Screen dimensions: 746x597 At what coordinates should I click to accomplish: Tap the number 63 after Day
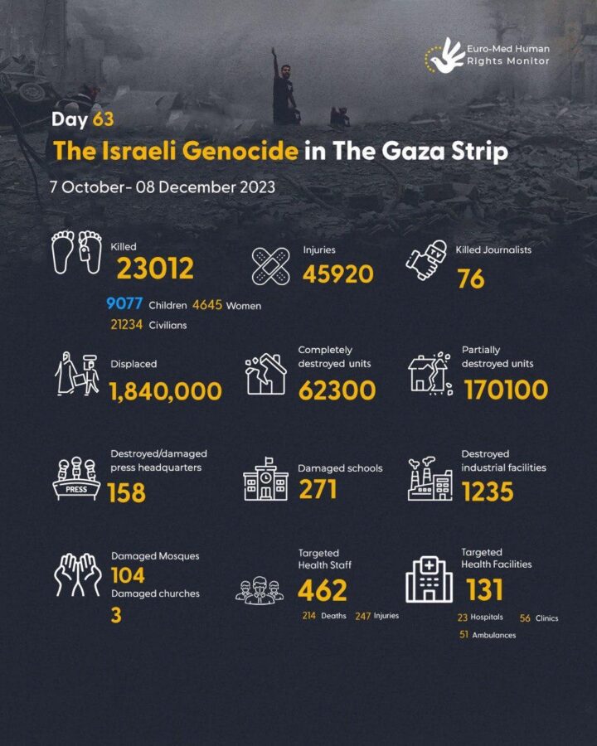(x=103, y=119)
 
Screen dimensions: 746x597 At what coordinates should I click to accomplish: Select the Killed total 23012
(x=155, y=269)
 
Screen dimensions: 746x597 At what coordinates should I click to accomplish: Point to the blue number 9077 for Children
(x=124, y=305)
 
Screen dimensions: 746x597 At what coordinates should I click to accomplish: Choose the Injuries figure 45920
(x=337, y=274)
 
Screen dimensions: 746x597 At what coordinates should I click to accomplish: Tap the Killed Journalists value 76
(x=470, y=279)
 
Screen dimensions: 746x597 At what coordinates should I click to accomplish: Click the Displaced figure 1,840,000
(x=166, y=391)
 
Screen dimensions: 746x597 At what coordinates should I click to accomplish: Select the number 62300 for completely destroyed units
(x=337, y=390)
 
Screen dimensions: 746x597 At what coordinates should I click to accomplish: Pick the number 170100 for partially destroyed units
(x=505, y=390)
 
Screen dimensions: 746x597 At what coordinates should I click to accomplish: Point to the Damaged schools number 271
(x=318, y=490)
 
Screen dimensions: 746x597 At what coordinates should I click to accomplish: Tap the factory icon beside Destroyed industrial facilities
(x=430, y=479)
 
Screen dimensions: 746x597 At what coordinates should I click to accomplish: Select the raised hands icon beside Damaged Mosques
(x=78, y=574)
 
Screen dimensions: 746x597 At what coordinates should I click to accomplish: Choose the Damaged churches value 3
(x=116, y=616)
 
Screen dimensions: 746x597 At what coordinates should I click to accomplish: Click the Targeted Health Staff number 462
(x=322, y=590)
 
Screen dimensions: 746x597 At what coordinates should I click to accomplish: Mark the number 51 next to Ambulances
(x=463, y=635)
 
